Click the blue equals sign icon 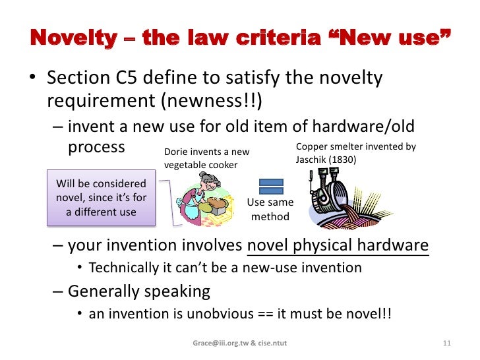pos(271,187)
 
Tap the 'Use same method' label pos(271,210)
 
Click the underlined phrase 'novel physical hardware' pos(338,247)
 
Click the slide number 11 pos(446,344)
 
